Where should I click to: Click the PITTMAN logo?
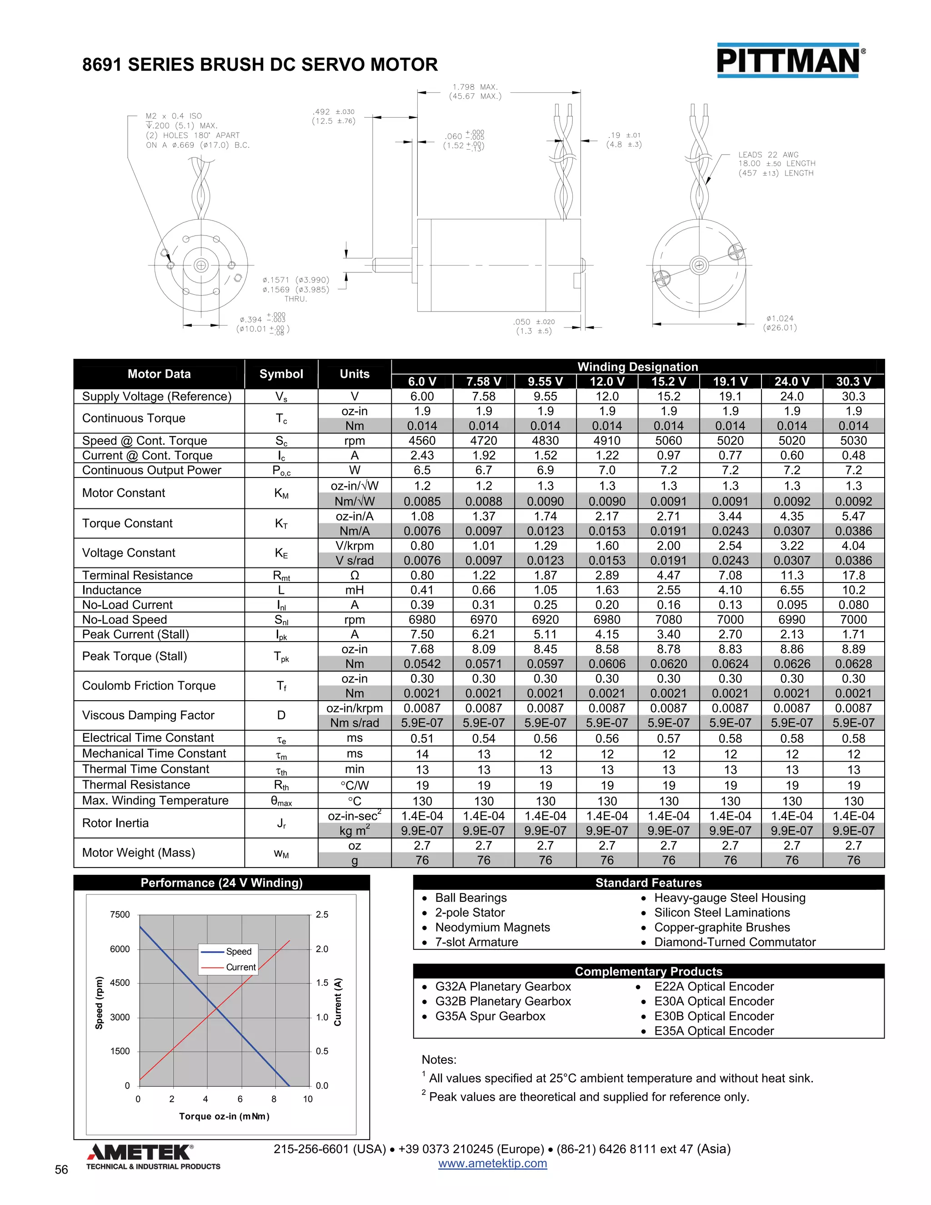click(x=790, y=60)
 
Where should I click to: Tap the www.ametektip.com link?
click(x=492, y=1164)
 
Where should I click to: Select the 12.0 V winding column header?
click(x=607, y=381)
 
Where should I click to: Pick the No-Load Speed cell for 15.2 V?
click(x=668, y=620)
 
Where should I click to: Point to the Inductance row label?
click(x=111, y=590)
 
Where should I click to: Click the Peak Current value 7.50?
click(x=422, y=634)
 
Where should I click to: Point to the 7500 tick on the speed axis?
click(x=120, y=915)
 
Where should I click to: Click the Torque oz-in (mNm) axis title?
click(x=224, y=1116)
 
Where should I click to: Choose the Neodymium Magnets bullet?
click(x=492, y=928)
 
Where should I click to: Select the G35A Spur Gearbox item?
click(x=490, y=1016)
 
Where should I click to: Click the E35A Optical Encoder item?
click(x=714, y=1031)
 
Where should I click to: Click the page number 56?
click(x=61, y=1170)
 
